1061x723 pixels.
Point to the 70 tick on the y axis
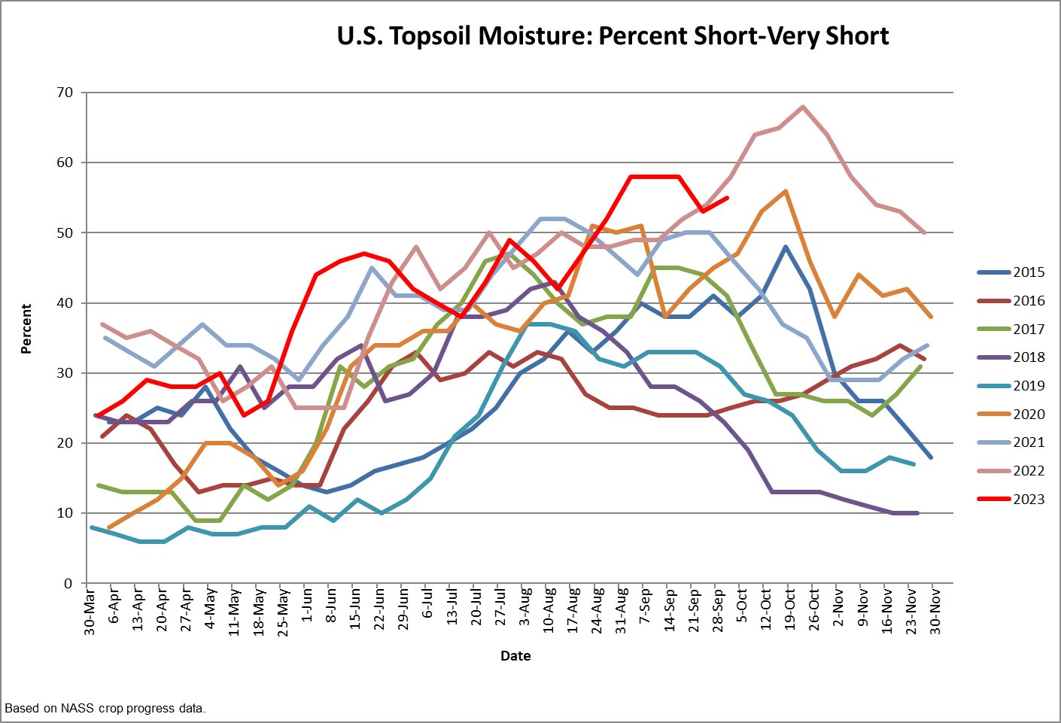[65, 93]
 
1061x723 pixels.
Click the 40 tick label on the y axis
[65, 303]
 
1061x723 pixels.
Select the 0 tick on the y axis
[68, 584]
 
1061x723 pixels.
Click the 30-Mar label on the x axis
[90, 611]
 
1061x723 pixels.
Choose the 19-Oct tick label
[790, 611]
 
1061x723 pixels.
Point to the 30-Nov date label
[935, 611]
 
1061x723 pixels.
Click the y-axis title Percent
[26, 329]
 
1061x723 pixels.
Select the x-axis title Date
[515, 656]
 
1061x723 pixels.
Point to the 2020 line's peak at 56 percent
[786, 191]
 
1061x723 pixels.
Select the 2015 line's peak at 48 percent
[786, 247]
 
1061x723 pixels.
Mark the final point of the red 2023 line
[727, 198]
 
